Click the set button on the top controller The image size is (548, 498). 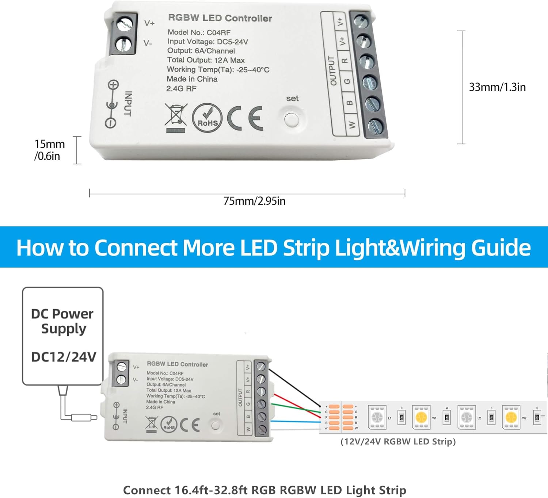(291, 119)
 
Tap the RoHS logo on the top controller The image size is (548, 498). (207, 118)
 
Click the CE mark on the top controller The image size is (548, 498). (245, 118)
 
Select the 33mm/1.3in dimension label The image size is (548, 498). (497, 87)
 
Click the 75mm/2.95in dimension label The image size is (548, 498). (254, 201)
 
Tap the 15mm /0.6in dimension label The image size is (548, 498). (49, 150)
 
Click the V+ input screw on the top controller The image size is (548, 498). (124, 25)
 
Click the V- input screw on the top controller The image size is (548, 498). (123, 45)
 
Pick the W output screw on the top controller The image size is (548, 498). (375, 126)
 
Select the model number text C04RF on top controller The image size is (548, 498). (218, 32)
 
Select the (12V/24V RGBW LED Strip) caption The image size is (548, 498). (398, 442)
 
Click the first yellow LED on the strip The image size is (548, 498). (421, 417)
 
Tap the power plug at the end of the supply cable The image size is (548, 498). (84, 417)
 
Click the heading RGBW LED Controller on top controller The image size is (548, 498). (220, 18)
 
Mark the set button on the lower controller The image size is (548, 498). (216, 425)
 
